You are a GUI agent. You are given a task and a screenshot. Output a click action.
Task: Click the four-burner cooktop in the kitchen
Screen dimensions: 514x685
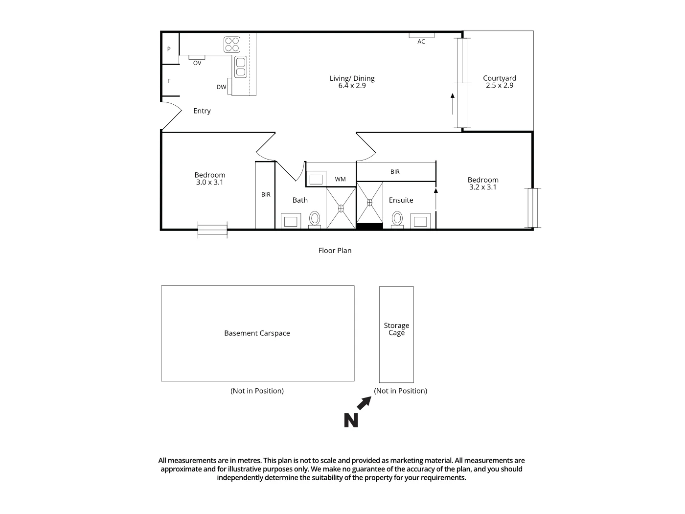[232, 45]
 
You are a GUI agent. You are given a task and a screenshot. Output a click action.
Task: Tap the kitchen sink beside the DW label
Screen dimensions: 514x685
[240, 67]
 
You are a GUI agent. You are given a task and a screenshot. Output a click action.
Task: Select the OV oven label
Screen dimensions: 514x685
[197, 63]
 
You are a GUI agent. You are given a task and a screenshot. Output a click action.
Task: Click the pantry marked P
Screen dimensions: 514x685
[169, 49]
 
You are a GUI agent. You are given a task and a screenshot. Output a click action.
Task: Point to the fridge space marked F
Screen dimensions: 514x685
[169, 81]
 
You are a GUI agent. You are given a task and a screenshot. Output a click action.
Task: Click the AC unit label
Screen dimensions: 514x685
[421, 42]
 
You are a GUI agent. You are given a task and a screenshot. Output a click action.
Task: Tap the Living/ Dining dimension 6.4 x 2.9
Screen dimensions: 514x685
[352, 86]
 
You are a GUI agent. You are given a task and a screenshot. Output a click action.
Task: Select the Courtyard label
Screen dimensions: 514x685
[499, 78]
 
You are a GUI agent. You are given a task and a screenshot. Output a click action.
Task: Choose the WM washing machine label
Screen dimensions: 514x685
[340, 179]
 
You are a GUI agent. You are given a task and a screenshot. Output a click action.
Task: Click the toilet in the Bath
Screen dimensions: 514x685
[315, 218]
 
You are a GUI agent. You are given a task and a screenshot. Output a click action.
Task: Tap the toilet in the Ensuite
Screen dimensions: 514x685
[397, 218]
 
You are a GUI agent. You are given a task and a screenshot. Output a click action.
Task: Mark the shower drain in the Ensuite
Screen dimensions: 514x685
[370, 202]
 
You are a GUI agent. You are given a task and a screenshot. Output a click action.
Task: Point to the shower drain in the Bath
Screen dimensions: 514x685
[341, 208]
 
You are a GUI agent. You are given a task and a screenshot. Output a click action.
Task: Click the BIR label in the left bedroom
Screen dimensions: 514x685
[266, 194]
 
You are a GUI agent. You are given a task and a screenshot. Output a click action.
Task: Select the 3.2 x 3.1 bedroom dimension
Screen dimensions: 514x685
[482, 187]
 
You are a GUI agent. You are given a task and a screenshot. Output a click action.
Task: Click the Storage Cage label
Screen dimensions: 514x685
[396, 329]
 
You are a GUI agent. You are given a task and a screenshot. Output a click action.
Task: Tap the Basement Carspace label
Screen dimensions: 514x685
[257, 333]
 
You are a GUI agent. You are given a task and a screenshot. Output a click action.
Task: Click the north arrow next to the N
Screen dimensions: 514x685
[364, 403]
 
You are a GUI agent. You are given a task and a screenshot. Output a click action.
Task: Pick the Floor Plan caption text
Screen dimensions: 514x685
[335, 251]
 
